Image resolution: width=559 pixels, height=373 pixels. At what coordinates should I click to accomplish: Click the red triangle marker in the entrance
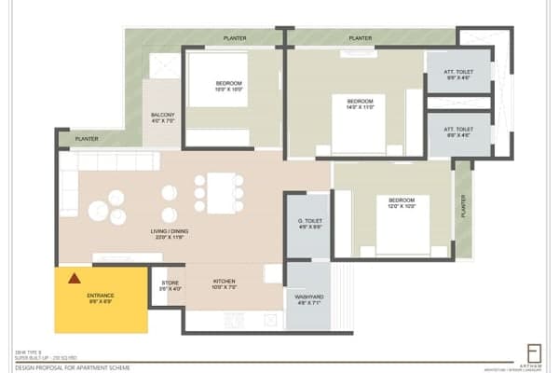pyautogui.click(x=73, y=277)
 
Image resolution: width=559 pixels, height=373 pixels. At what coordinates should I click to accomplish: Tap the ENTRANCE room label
pyautogui.click(x=100, y=297)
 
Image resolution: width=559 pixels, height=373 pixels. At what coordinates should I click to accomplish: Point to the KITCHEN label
pyautogui.click(x=224, y=283)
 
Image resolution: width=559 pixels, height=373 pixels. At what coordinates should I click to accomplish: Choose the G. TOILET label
pyautogui.click(x=308, y=223)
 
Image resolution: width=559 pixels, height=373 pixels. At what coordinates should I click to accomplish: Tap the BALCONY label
pyautogui.click(x=162, y=117)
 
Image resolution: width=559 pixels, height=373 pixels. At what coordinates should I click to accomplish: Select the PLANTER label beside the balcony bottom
pyautogui.click(x=86, y=139)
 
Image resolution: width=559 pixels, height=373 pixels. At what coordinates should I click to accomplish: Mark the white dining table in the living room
pyautogui.click(x=219, y=192)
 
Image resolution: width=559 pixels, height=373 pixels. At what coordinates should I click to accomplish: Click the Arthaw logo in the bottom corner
pyautogui.click(x=533, y=352)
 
